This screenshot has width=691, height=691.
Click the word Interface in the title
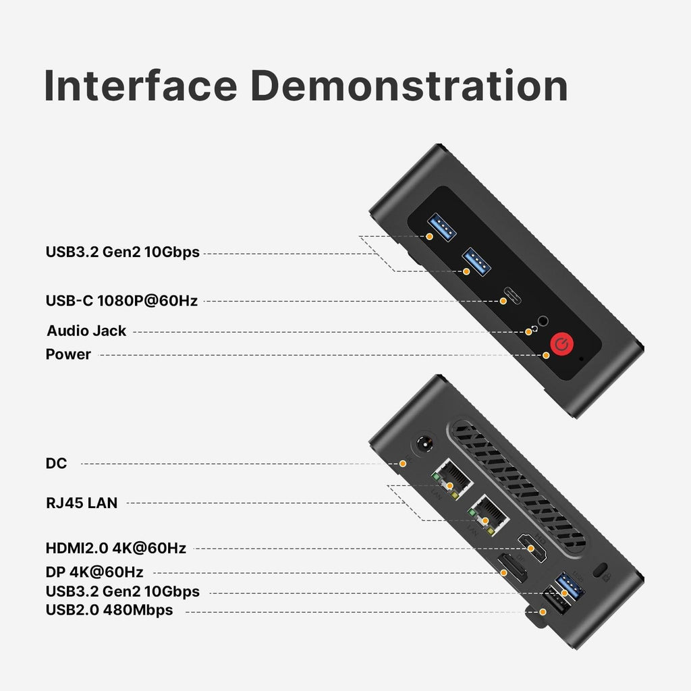point(141,85)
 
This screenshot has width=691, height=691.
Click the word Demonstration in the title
point(410,85)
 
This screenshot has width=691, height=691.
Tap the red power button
point(561,344)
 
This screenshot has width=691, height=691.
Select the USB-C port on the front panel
point(513,296)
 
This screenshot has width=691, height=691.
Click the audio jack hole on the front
point(543,321)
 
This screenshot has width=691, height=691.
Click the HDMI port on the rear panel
point(532,547)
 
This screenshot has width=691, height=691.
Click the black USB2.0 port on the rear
point(555,600)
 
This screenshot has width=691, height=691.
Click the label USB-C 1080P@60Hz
point(121,300)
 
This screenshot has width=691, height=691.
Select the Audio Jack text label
point(86,331)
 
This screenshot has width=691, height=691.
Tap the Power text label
point(68,354)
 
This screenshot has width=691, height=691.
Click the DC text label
point(57,463)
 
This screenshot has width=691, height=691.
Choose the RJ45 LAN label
point(82,503)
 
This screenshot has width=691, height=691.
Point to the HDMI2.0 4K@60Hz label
point(116,548)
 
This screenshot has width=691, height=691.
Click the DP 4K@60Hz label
point(94,572)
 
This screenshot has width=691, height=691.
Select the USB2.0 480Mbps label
point(109,610)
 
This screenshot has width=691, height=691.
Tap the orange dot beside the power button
point(546,355)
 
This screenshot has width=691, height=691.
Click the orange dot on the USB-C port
point(503,301)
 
